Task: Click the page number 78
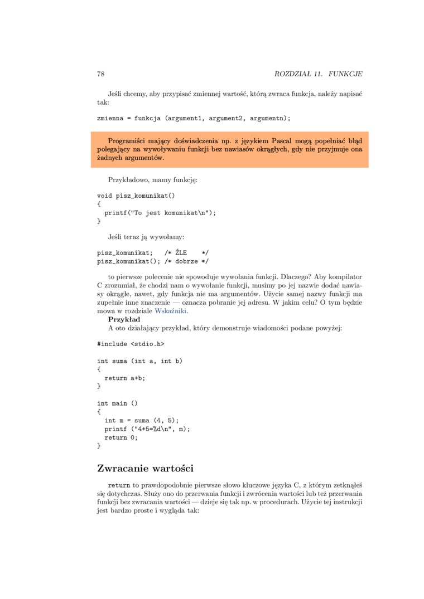[101, 74]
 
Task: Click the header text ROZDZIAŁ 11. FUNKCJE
[319, 74]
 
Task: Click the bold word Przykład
[124, 319]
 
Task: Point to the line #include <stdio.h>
[131, 344]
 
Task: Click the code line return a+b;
[124, 378]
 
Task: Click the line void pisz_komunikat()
[136, 196]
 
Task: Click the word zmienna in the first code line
[110, 118]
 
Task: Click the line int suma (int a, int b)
[139, 361]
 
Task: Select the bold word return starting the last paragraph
[119, 485]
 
